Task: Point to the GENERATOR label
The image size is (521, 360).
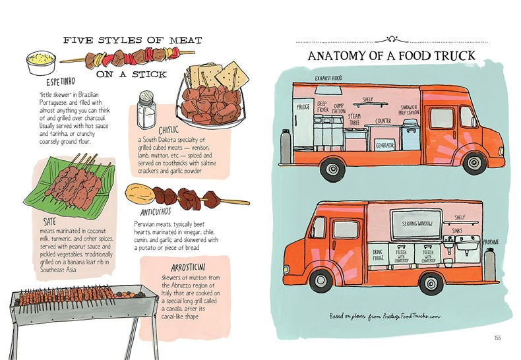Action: pyautogui.click(x=385, y=144)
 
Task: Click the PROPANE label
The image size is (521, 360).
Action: pyautogui.click(x=491, y=242)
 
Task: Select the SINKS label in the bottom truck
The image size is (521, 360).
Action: pyautogui.click(x=456, y=231)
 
